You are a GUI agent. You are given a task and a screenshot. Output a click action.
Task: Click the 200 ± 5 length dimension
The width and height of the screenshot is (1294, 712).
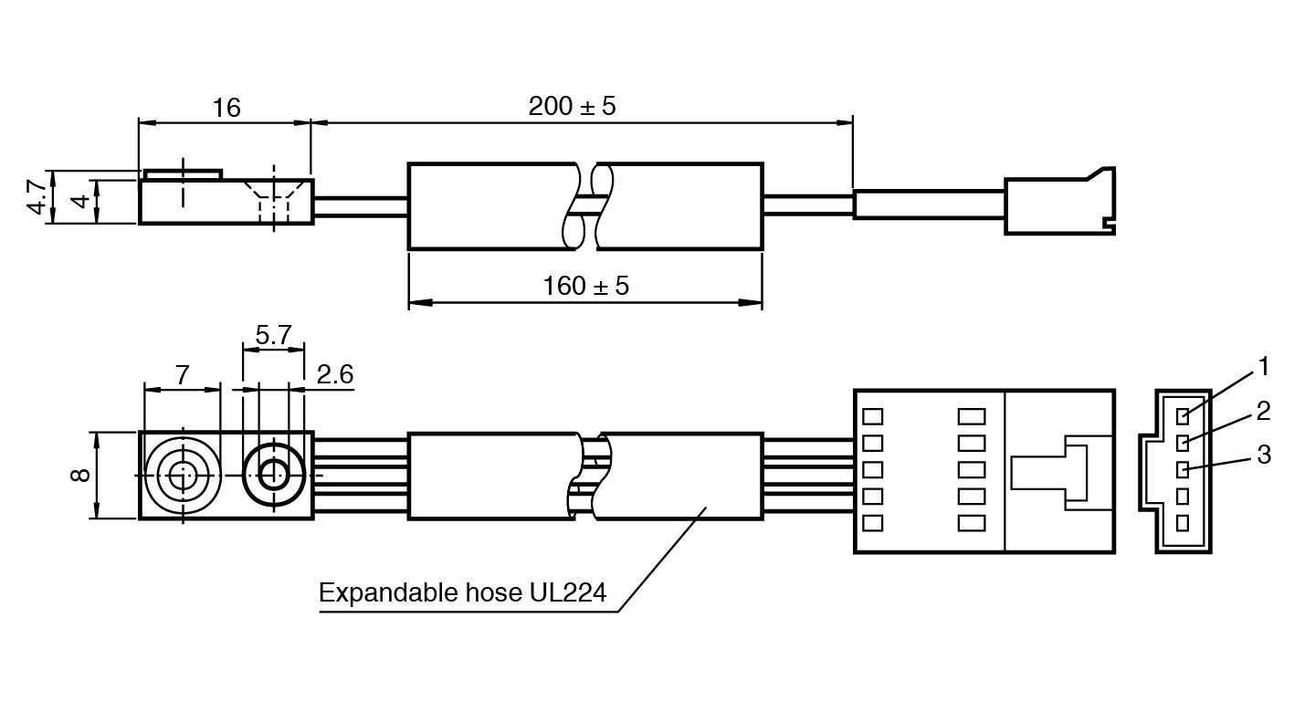point(572,106)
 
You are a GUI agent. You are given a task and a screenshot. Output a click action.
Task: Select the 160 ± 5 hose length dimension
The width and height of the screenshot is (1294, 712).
point(585,286)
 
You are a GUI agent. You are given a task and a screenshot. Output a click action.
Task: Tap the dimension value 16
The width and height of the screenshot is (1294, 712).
point(226,108)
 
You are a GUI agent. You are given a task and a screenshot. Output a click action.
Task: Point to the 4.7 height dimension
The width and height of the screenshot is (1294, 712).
point(37,196)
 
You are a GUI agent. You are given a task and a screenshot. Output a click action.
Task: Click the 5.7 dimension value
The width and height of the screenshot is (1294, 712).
point(272,336)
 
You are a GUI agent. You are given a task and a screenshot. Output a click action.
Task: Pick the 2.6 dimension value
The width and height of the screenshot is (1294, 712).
point(335,374)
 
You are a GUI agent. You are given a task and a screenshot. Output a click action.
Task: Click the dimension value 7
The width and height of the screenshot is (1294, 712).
point(183,374)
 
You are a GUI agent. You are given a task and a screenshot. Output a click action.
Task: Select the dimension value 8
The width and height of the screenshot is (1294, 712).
point(80,475)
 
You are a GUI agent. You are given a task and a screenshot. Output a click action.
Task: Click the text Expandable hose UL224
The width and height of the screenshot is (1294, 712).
point(462,592)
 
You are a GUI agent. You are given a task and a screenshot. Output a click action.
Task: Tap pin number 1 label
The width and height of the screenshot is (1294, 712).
point(1263,367)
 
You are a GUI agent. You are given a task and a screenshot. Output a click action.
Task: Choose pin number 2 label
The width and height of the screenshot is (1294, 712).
point(1263,411)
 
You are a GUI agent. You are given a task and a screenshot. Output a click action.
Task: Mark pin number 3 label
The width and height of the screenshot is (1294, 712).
point(1263,455)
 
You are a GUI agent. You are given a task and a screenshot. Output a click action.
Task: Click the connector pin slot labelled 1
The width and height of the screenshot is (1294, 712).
point(1183,416)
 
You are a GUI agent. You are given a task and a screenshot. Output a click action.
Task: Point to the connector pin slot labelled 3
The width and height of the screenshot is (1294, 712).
point(1183,469)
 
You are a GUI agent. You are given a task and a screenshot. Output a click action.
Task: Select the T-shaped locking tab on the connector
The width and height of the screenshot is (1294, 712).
point(1050,472)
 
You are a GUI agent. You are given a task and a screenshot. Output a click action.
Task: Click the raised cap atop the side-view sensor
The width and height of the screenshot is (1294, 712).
point(183,173)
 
